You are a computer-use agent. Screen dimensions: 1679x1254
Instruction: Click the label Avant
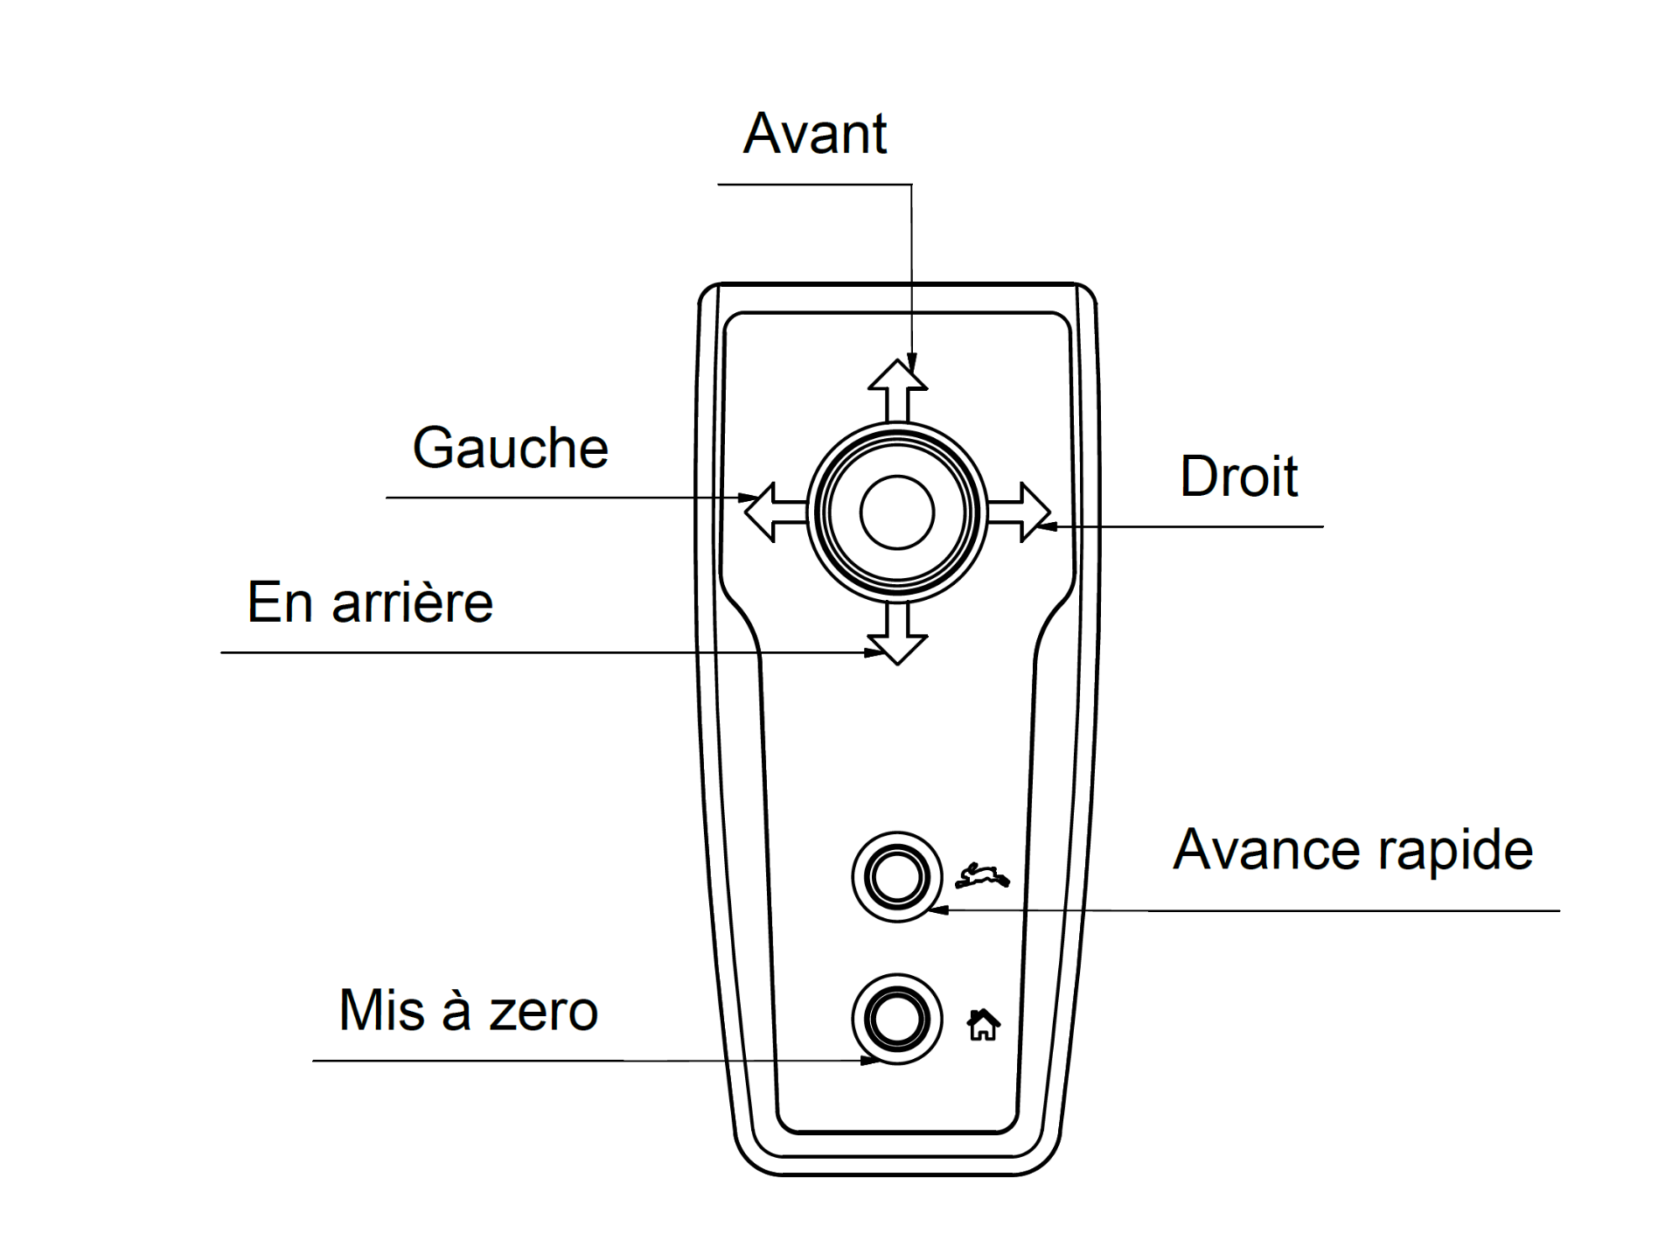tap(815, 134)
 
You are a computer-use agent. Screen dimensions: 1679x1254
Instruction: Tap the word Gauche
tap(511, 448)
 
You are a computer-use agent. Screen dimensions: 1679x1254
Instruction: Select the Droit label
tap(1239, 477)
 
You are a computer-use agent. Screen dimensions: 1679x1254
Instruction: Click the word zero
tap(543, 1014)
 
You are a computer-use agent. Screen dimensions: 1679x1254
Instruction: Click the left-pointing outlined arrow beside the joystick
tap(776, 512)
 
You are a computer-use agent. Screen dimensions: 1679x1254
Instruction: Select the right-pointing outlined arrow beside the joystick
tap(1019, 512)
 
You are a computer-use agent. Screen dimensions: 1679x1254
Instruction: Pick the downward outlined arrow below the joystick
tap(898, 633)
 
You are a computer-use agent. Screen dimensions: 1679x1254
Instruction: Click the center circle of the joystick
tap(897, 512)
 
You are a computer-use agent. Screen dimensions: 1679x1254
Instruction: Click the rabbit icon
tap(982, 875)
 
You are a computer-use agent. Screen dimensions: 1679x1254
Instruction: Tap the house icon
tap(983, 1025)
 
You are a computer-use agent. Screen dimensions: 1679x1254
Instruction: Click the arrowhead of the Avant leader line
tap(912, 362)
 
